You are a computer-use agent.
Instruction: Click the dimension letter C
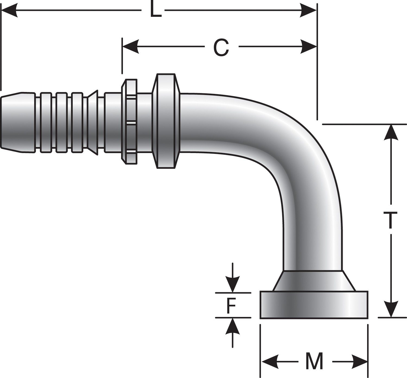[221, 47]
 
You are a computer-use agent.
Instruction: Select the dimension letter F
[231, 306]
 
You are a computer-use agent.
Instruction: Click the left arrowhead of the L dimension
[9, 11]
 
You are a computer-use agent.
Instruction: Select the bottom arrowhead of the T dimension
[391, 309]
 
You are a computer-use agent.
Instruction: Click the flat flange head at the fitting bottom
[314, 305]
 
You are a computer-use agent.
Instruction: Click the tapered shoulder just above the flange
[314, 281]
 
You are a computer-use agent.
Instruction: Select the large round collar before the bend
[166, 121]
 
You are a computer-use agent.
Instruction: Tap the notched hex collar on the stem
[130, 122]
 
